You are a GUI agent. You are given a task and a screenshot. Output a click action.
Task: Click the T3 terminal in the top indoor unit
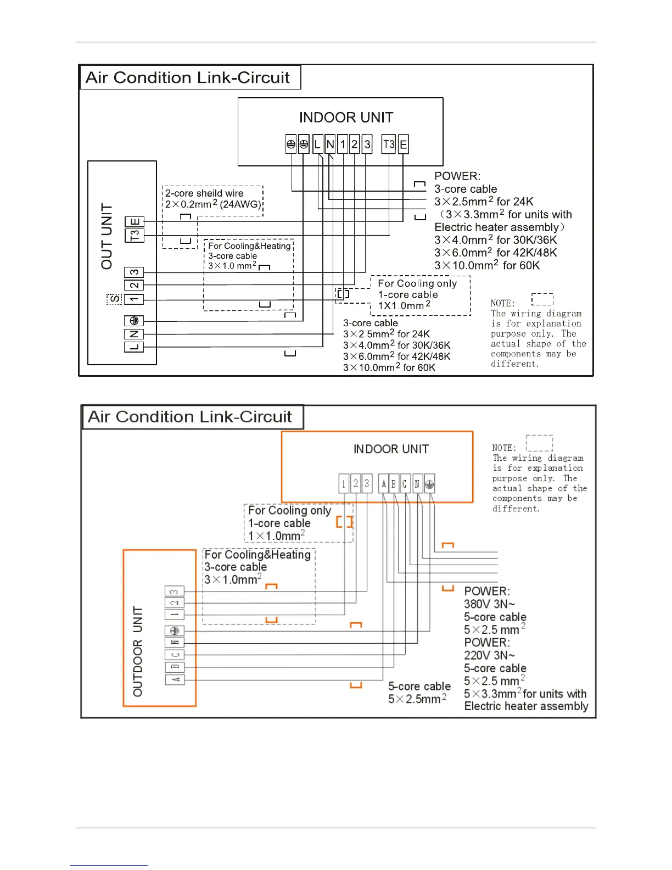click(x=389, y=144)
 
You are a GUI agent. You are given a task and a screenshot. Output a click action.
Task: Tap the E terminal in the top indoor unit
click(x=403, y=144)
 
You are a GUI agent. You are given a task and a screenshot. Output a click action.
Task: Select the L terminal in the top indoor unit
click(x=317, y=144)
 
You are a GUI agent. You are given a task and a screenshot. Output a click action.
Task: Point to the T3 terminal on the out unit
click(x=135, y=235)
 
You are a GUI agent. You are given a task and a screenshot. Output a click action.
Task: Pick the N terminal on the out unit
click(x=134, y=334)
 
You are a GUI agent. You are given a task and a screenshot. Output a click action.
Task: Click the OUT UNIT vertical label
click(x=107, y=237)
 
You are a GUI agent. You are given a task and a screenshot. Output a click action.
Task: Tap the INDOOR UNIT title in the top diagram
click(x=346, y=118)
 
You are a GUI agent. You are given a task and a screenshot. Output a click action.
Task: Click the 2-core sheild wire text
click(x=204, y=193)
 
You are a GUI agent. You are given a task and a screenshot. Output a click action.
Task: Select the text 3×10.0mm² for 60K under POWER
click(x=487, y=265)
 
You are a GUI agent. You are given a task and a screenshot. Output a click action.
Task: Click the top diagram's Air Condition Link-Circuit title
click(x=188, y=77)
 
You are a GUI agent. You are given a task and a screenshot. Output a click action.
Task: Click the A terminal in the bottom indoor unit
click(x=384, y=484)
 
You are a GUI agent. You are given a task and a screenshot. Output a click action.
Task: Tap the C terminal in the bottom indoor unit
click(x=405, y=484)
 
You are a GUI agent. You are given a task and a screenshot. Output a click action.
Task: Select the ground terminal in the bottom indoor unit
click(x=429, y=484)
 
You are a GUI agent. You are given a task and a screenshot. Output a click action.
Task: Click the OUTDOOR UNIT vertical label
click(x=138, y=651)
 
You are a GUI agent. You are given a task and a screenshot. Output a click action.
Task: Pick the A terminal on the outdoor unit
click(x=175, y=679)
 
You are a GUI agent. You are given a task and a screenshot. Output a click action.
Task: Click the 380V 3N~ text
click(x=489, y=604)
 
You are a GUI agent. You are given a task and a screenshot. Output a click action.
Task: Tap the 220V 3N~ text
click(x=489, y=655)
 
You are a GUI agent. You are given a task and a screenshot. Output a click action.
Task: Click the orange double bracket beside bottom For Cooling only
click(x=344, y=522)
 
